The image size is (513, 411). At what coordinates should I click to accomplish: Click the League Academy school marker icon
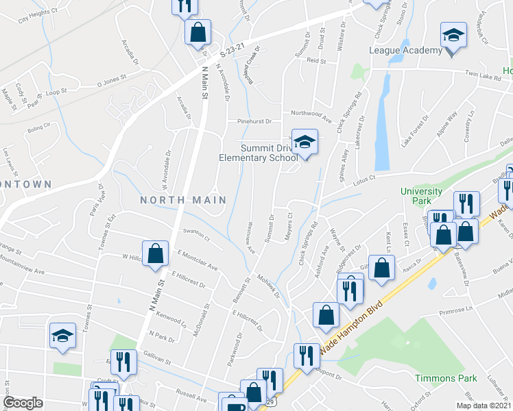tap(453, 35)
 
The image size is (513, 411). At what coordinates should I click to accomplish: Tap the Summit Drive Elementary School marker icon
tap(305, 142)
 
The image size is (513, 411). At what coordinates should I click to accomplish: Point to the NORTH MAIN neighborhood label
tap(183, 200)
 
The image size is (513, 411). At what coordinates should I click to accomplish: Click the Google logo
tap(23, 403)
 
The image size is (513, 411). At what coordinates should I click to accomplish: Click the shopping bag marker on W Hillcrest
tap(156, 253)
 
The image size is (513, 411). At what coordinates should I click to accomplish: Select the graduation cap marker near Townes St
tap(62, 336)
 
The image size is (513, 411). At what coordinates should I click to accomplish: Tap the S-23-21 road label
tap(232, 53)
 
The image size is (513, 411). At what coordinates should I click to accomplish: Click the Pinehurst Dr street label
tap(254, 121)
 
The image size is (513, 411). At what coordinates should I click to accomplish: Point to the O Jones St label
tap(113, 84)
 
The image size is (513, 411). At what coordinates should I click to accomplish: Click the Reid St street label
tap(316, 61)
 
